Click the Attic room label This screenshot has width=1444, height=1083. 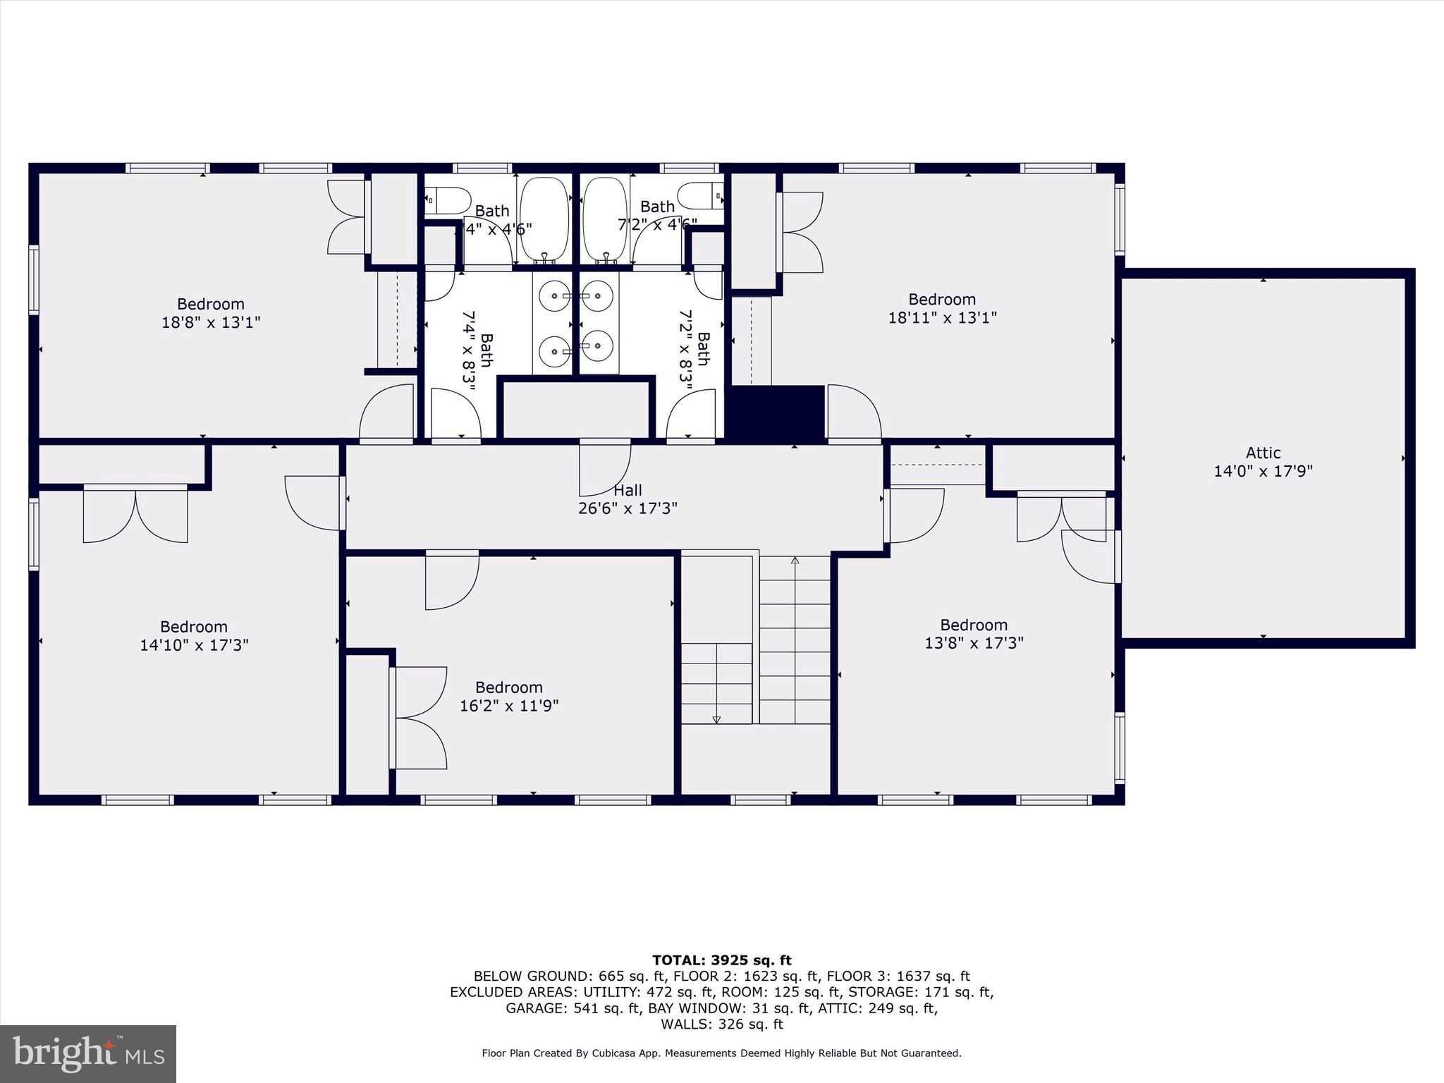pos(1263,453)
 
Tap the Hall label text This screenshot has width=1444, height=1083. pos(628,490)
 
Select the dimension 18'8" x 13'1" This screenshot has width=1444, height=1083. pos(211,322)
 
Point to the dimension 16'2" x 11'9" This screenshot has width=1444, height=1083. pos(509,706)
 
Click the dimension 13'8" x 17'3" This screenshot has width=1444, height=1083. pos(974,643)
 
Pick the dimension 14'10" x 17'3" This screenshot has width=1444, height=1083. pos(194,645)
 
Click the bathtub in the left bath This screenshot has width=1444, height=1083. pos(544,219)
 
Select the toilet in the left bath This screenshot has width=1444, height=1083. pos(448,200)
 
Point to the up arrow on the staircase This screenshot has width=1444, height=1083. pos(795,561)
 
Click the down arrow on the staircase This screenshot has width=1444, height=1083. pos(716,718)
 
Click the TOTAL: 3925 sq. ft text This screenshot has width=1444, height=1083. pos(721,960)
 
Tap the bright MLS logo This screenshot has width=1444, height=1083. pos(88,1053)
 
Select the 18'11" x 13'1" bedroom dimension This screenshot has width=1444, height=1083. pos(942,317)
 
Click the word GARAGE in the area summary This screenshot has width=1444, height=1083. pos(535,1008)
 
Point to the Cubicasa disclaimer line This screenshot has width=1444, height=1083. pos(721,1053)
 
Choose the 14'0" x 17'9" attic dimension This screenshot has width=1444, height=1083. pos(1263,471)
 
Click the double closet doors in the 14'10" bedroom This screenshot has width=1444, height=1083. pos(135,514)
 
